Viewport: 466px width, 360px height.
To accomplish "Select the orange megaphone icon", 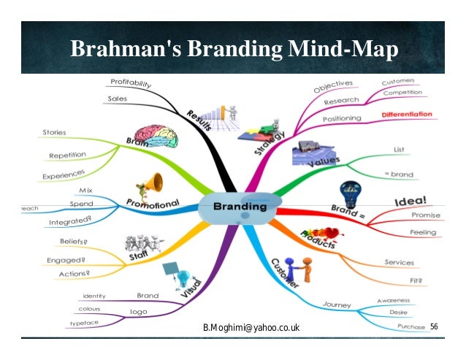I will tap(152, 183).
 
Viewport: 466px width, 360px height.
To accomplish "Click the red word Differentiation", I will tap(417, 115).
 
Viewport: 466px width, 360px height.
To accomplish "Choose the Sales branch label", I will tap(118, 98).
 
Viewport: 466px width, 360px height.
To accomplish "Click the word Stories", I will tap(54, 133).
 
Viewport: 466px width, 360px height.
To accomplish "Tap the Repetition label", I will tap(67, 155).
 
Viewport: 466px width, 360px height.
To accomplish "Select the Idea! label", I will tap(410, 200).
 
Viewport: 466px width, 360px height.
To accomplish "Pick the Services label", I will tap(400, 262).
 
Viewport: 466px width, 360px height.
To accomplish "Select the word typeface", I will tap(85, 322).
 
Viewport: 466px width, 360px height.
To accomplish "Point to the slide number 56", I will tap(434, 325).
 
